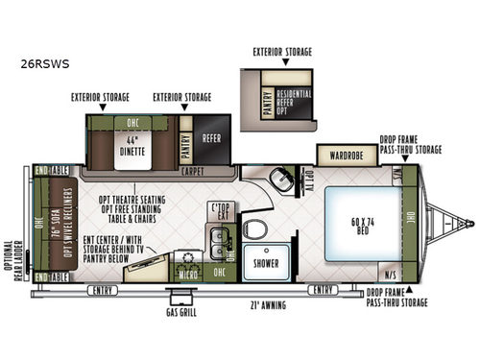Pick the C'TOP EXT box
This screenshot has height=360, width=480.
click(223, 211)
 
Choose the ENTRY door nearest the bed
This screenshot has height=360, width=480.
click(322, 288)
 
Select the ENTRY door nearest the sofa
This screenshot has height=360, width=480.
click(97, 289)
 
